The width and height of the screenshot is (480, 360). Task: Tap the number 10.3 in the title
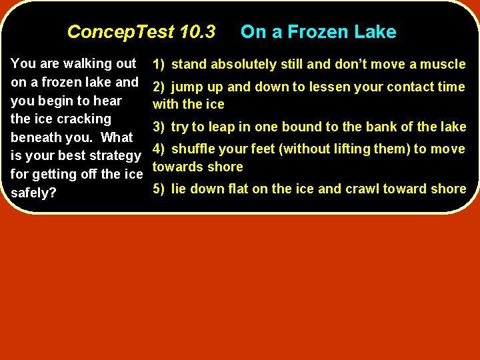click(197, 32)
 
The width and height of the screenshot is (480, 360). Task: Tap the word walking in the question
click(86, 64)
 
